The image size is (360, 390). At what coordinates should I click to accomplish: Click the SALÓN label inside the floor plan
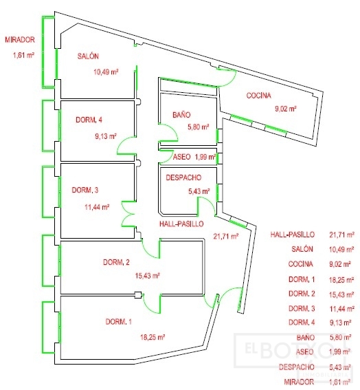(88, 56)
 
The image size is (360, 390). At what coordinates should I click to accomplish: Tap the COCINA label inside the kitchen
(258, 96)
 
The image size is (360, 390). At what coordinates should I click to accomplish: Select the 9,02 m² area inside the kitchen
(286, 109)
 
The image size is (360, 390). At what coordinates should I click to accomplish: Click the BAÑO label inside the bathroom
(181, 115)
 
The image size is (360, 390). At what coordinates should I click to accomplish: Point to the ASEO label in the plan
(181, 157)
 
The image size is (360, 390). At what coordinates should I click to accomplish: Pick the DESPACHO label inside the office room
(183, 177)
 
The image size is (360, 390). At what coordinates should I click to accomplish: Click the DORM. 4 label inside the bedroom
(89, 120)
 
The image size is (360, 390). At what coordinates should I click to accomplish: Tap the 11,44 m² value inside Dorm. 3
(97, 207)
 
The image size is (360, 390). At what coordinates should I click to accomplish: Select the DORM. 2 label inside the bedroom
(116, 262)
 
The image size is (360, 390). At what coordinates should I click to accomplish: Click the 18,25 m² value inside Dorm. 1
(153, 337)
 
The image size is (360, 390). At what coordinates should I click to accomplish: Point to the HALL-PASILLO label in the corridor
(181, 224)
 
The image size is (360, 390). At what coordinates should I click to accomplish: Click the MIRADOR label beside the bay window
(20, 39)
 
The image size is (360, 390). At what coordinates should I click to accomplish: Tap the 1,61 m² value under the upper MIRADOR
(23, 55)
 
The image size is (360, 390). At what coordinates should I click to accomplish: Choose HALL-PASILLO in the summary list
(293, 235)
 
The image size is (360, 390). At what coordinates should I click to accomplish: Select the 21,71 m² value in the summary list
(341, 235)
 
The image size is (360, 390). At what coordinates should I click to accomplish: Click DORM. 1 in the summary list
(302, 279)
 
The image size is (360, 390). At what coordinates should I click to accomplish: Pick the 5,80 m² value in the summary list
(340, 338)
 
